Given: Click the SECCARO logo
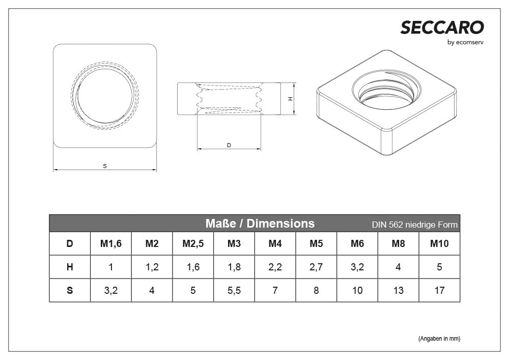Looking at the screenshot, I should (x=442, y=27).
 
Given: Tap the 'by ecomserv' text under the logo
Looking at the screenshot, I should (x=465, y=42).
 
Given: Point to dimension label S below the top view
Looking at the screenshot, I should (x=105, y=166).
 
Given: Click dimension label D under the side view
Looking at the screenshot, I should (x=229, y=145).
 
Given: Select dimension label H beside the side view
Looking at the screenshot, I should (x=290, y=99).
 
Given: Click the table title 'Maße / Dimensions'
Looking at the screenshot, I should (x=260, y=224).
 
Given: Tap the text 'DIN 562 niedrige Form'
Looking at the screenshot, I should (x=414, y=225).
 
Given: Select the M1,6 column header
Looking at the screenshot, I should (x=111, y=244).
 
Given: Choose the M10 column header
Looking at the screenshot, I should (x=439, y=244).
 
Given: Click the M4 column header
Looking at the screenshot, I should (x=275, y=244).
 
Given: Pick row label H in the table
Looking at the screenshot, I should (x=70, y=267).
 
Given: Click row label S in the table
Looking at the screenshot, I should (x=70, y=290).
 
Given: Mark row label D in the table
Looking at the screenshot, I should (x=70, y=244).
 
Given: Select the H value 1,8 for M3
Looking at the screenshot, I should (x=234, y=267).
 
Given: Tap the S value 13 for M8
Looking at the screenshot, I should (x=398, y=290).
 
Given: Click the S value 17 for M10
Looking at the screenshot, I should (x=439, y=290).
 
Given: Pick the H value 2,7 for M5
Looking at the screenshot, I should (x=316, y=267).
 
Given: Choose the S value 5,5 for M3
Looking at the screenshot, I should (x=234, y=290).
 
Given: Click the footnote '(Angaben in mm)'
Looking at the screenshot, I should (x=439, y=339).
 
